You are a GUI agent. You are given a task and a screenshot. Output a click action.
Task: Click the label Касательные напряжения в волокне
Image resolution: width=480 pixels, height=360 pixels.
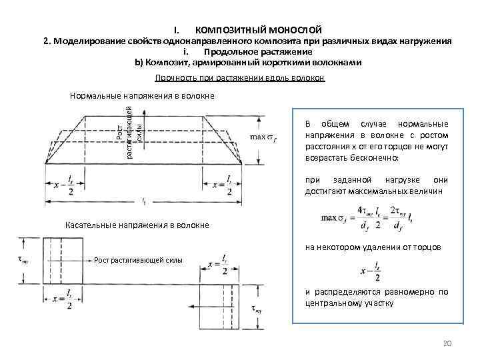(137, 225)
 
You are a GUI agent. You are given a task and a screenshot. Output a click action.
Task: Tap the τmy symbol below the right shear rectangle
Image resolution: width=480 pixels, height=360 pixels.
(255, 309)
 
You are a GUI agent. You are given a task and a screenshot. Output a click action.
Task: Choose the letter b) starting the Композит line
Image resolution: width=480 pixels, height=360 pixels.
(139, 63)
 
